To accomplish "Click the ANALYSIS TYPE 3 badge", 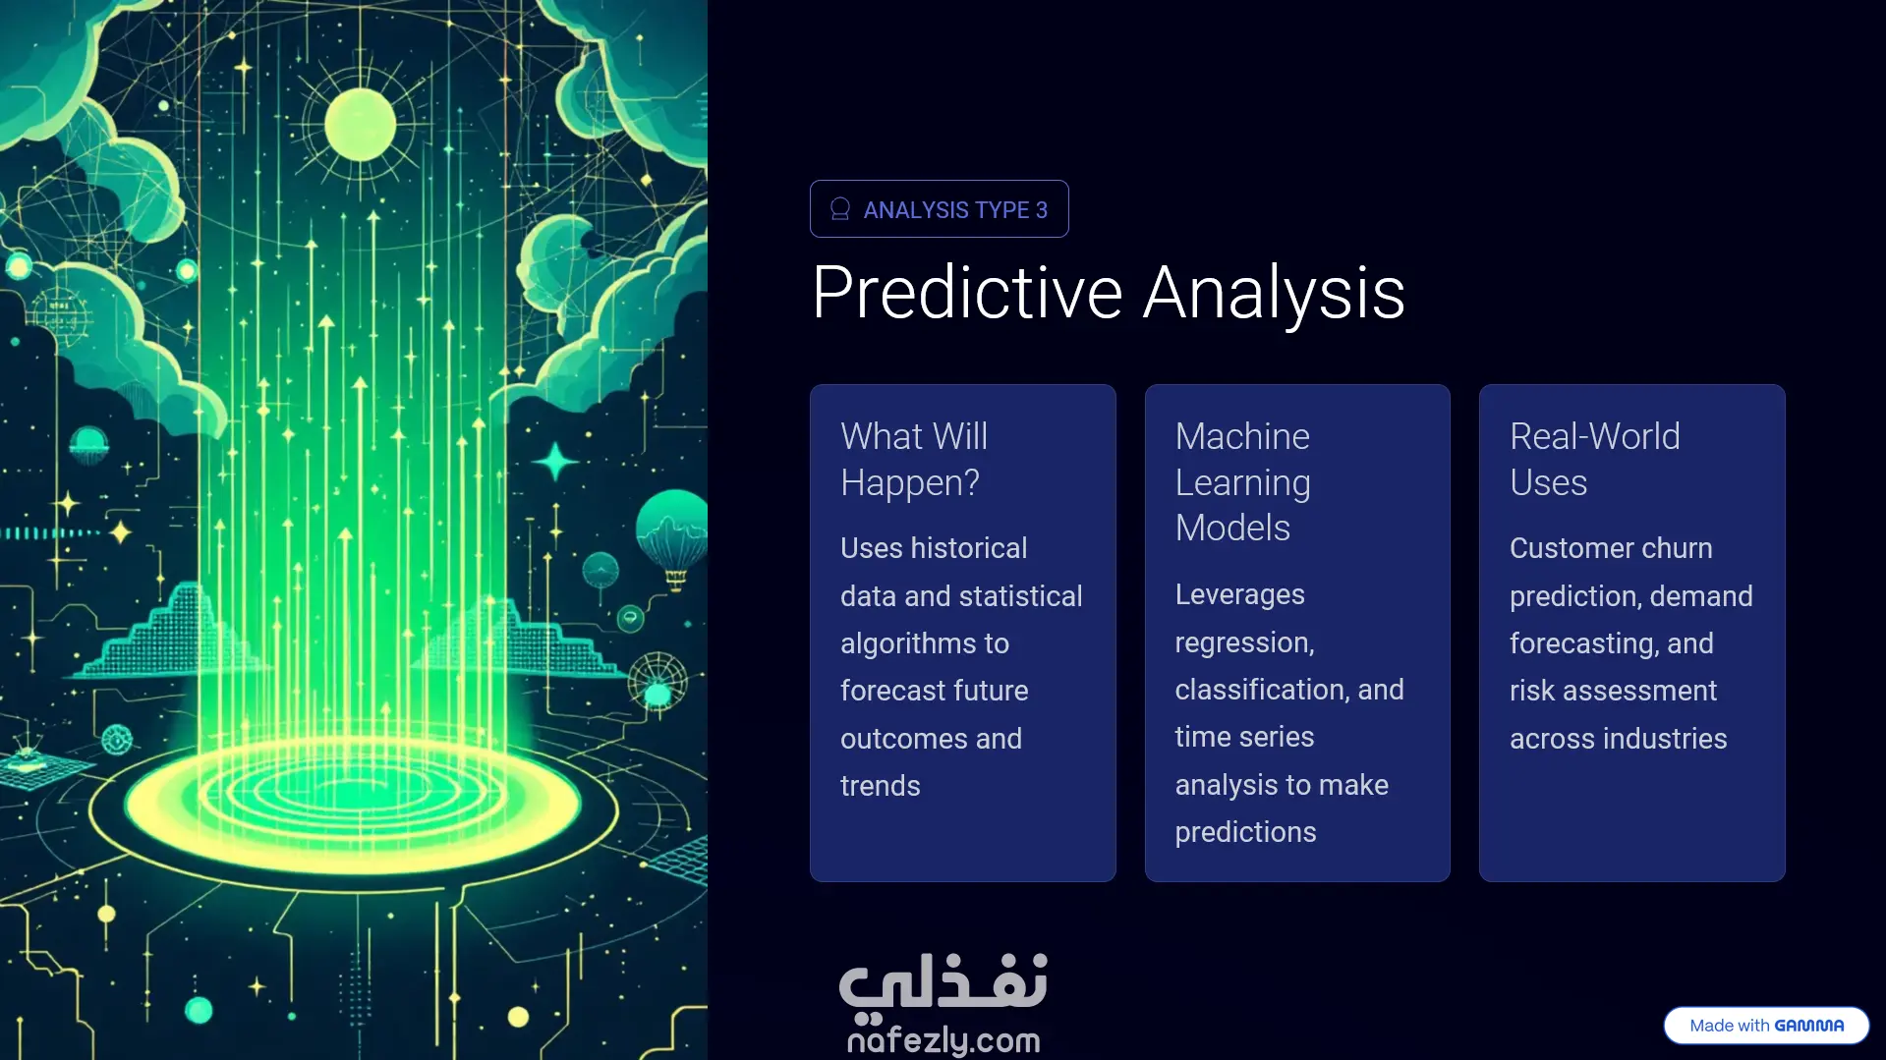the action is [939, 208].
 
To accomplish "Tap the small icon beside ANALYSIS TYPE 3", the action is [840, 209].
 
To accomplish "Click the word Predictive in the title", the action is [968, 293].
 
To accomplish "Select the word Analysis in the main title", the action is [1275, 293].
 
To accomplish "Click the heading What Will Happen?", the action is [914, 459].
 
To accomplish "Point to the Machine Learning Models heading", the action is [1243, 481].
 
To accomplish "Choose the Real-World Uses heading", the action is [1595, 459].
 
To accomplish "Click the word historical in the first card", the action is [969, 548].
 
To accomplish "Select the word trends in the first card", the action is [881, 786].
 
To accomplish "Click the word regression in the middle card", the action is [1244, 643].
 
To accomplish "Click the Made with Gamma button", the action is [1766, 1026].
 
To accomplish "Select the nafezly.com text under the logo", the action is [943, 1039].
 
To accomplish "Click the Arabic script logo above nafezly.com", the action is [943, 982].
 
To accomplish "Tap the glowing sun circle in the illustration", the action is [360, 124].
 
